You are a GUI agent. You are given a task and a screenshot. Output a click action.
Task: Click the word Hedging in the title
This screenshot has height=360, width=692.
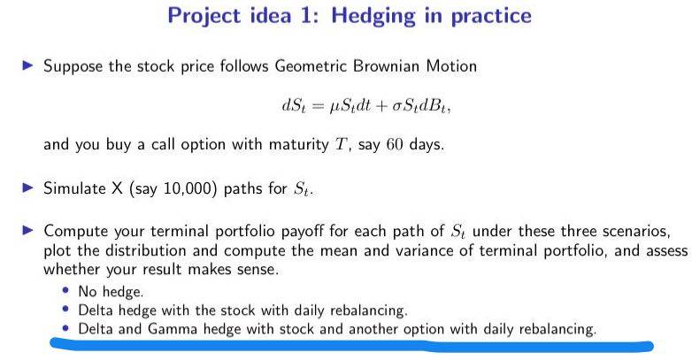pyautogui.click(x=373, y=17)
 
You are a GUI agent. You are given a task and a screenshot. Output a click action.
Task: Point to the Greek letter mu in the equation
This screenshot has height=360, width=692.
pyautogui.click(x=334, y=107)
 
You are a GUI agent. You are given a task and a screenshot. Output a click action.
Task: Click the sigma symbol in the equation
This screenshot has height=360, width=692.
pyautogui.click(x=396, y=106)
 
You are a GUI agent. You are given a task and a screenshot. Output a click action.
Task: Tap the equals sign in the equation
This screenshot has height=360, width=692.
pyautogui.click(x=319, y=106)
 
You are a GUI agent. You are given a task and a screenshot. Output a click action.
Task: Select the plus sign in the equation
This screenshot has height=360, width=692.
pyautogui.click(x=381, y=106)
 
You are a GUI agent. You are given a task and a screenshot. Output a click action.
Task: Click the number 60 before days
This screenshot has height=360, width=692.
pyautogui.click(x=395, y=145)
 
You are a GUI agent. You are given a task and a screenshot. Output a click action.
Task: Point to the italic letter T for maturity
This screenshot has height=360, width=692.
pyautogui.click(x=341, y=144)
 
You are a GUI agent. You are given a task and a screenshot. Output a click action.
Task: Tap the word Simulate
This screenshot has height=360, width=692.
pyautogui.click(x=74, y=188)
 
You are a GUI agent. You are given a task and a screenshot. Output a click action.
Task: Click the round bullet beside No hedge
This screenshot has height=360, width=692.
pyautogui.click(x=65, y=291)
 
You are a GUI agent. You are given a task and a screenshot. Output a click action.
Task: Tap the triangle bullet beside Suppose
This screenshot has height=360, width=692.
pyautogui.click(x=27, y=66)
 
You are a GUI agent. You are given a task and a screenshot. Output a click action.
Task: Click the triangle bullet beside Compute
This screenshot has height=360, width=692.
pyautogui.click(x=27, y=230)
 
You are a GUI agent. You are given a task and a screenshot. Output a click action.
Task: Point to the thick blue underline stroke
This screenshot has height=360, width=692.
pyautogui.click(x=350, y=345)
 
